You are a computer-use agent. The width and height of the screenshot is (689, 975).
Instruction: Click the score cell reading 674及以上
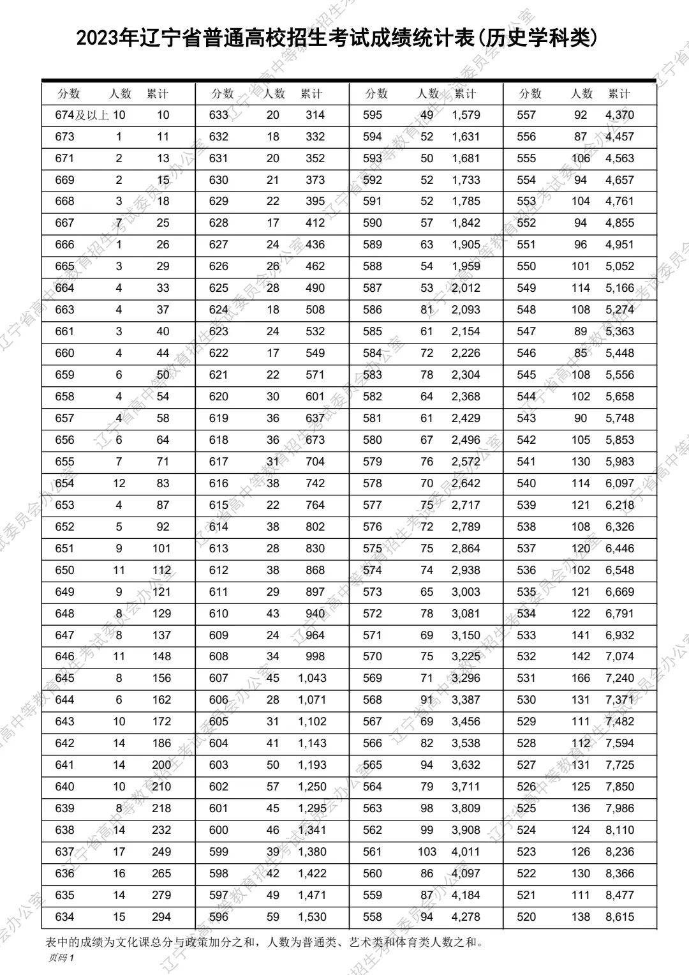tap(82, 116)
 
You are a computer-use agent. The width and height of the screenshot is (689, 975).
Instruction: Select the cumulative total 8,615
tap(619, 917)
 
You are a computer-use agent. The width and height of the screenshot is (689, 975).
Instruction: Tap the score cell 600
tap(218, 830)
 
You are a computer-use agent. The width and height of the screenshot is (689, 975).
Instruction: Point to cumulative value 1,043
tap(312, 678)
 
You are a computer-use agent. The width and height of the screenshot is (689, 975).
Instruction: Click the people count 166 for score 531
tap(581, 678)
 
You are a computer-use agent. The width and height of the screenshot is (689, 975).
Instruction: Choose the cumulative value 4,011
tap(466, 852)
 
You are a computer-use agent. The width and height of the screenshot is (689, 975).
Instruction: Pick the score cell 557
tap(526, 116)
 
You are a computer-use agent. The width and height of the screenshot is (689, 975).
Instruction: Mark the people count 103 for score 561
tap(427, 852)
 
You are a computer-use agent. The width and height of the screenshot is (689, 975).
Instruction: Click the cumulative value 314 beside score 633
tap(315, 116)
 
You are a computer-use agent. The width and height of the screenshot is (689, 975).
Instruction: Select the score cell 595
tap(372, 116)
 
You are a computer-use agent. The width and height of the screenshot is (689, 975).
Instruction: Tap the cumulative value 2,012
tap(466, 288)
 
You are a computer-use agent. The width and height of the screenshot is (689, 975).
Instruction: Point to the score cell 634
tap(64, 917)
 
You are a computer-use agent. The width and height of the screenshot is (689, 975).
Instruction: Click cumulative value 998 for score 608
tap(315, 656)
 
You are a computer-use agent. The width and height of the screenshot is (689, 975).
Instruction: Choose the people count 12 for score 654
tap(119, 483)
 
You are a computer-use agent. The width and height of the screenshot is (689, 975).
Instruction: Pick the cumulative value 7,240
tap(619, 678)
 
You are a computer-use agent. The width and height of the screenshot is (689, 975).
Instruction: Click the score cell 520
tap(526, 917)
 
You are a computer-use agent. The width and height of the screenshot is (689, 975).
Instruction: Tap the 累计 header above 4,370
tap(619, 94)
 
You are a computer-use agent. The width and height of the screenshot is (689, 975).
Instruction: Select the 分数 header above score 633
tap(223, 94)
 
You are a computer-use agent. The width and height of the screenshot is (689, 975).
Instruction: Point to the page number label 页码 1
tap(61, 958)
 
